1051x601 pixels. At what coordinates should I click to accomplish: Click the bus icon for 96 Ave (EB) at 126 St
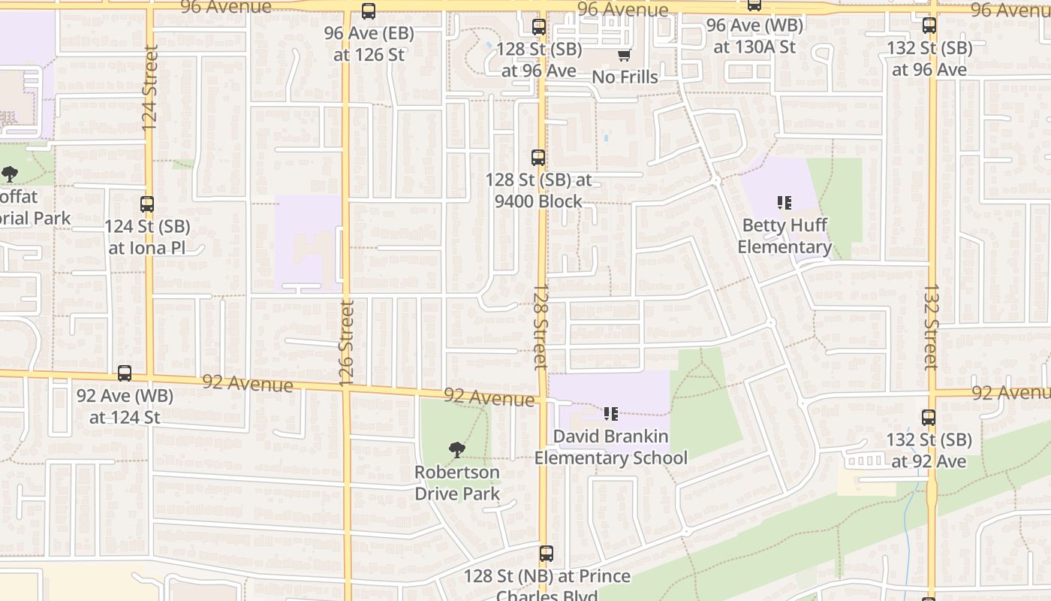[x=368, y=11]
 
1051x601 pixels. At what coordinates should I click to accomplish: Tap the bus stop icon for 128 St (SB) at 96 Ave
[x=538, y=27]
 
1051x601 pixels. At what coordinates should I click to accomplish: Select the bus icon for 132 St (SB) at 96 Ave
[x=929, y=26]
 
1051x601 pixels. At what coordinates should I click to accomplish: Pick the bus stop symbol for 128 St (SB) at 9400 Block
[x=538, y=158]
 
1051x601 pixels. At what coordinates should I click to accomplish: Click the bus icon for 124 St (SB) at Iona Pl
[x=147, y=204]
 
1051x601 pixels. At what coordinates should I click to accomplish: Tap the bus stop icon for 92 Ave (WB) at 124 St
[x=125, y=373]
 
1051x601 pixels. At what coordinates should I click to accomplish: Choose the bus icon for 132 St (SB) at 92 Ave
[x=929, y=418]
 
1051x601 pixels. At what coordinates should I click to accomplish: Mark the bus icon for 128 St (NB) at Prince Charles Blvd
[x=546, y=554]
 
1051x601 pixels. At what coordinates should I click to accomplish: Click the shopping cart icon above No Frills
[x=624, y=56]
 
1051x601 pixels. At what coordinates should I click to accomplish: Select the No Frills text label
[x=625, y=77]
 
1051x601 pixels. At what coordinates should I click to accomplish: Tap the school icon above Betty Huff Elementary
[x=784, y=203]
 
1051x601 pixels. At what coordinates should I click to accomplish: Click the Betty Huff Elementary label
[x=784, y=236]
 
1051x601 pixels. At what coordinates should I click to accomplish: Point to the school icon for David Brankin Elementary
[x=610, y=414]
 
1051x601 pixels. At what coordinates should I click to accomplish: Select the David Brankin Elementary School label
[x=610, y=447]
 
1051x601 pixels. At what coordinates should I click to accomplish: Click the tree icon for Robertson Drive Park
[x=456, y=450]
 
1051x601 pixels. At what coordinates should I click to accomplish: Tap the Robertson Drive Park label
[x=457, y=483]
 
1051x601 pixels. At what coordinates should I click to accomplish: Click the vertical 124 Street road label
[x=150, y=88]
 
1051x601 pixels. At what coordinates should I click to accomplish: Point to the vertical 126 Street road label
[x=346, y=343]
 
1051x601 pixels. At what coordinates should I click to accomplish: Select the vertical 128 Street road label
[x=540, y=327]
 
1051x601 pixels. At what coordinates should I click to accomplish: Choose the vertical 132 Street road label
[x=931, y=327]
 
